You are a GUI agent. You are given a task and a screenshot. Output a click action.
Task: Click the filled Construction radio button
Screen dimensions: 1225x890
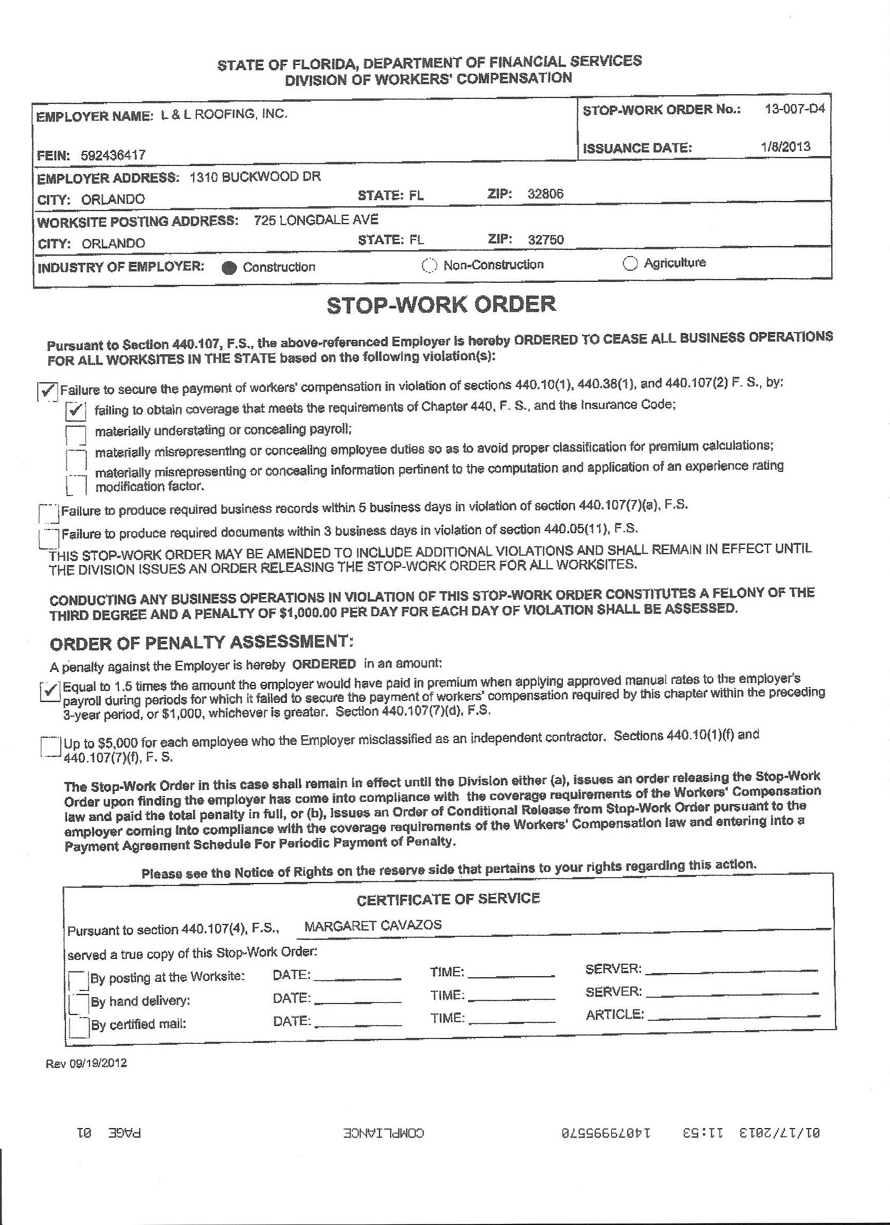click(229, 269)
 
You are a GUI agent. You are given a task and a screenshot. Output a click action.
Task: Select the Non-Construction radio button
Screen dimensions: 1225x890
click(429, 266)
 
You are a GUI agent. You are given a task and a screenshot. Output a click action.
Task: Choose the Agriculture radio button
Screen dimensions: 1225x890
click(630, 263)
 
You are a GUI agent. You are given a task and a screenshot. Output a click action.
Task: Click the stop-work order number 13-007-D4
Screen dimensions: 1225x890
click(794, 108)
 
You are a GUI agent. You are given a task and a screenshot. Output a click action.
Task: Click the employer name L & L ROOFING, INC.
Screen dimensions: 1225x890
click(225, 114)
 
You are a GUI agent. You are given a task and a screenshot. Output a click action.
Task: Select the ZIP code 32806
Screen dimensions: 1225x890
click(546, 194)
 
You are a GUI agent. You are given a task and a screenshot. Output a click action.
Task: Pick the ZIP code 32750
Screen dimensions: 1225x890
click(546, 239)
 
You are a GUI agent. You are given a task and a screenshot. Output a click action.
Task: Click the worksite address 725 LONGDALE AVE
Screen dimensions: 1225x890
click(316, 220)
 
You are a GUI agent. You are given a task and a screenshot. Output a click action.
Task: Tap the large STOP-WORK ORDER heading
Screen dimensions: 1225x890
click(441, 305)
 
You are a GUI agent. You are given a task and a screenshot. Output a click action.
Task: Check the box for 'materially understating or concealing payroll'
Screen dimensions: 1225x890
click(75, 433)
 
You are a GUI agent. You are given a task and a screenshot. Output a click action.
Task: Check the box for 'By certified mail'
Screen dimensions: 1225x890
click(79, 1025)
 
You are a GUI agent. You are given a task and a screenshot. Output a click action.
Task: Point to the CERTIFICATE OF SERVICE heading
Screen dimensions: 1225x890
click(448, 899)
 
